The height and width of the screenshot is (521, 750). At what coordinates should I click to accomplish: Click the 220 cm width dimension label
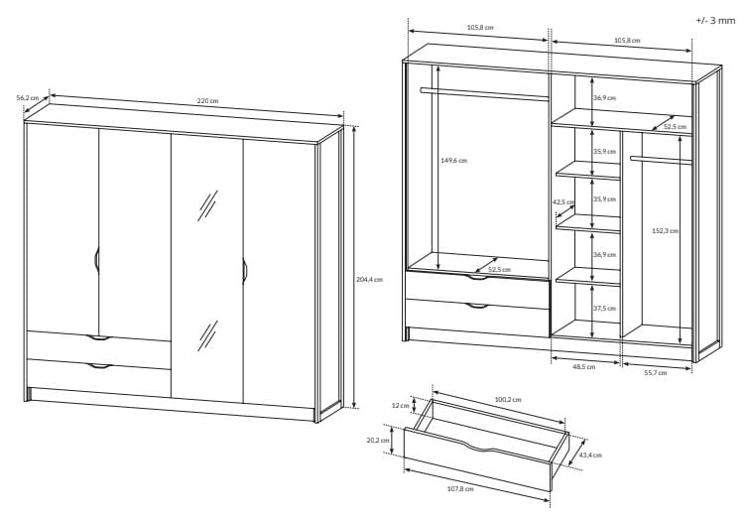point(207,101)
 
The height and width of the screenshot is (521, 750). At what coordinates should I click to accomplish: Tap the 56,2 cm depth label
point(28,97)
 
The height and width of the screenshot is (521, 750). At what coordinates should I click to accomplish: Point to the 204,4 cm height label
point(369,280)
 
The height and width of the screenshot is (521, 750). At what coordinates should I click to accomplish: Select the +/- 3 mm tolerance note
point(715,21)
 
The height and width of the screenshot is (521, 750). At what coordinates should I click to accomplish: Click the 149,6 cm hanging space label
point(453,161)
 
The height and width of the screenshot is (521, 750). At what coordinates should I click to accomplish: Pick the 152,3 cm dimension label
point(665,230)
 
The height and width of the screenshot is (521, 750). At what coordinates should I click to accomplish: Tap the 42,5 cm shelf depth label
point(562,201)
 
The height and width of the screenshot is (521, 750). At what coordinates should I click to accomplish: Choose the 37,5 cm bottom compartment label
point(604,308)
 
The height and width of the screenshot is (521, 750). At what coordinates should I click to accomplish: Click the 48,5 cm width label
point(584,366)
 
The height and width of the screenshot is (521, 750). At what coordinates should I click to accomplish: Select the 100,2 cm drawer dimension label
point(508,400)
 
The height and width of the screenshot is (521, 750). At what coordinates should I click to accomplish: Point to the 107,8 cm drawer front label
point(460,489)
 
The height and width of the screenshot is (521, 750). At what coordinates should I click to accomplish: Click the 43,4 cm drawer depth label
point(590,455)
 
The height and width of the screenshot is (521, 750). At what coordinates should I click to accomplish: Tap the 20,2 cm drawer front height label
point(378,441)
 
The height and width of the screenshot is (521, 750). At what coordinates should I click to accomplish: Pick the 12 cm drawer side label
point(401,406)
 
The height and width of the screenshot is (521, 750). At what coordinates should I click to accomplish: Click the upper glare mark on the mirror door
point(207,205)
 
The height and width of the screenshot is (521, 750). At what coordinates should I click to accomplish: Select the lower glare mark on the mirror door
point(207,335)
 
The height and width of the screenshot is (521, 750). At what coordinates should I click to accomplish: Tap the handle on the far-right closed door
point(244,271)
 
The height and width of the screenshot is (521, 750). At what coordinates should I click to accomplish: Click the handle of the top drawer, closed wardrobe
point(99,338)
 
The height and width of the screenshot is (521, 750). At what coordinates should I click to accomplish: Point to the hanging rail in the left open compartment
point(484,94)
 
